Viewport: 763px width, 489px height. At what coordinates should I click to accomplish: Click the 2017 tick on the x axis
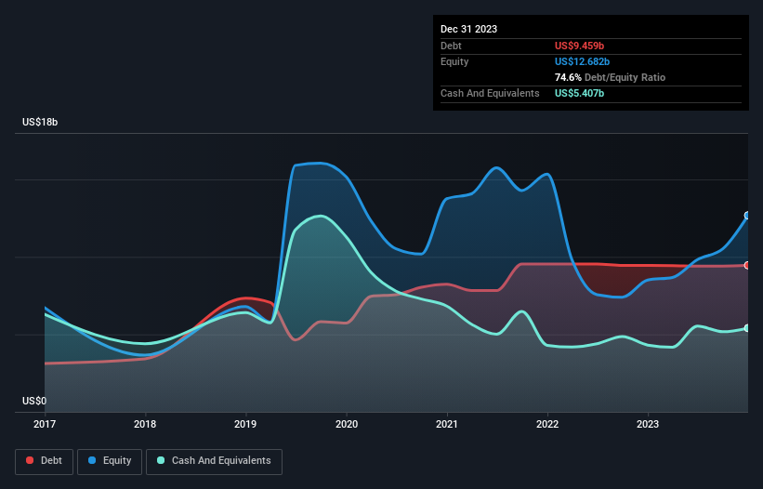pyautogui.click(x=45, y=424)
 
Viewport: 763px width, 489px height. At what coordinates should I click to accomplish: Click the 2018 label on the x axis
pyautogui.click(x=145, y=424)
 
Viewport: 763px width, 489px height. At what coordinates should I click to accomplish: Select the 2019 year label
pyautogui.click(x=245, y=424)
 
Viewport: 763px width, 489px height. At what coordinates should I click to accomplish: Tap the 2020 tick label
pyautogui.click(x=346, y=424)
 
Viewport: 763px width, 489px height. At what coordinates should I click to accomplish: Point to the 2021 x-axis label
pyautogui.click(x=447, y=424)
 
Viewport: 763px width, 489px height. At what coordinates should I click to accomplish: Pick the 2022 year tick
pyautogui.click(x=547, y=424)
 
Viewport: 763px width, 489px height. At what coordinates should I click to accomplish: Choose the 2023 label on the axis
pyautogui.click(x=648, y=424)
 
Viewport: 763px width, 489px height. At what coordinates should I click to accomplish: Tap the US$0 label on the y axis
pyautogui.click(x=33, y=401)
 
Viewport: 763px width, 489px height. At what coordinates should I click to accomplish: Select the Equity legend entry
pyautogui.click(x=110, y=461)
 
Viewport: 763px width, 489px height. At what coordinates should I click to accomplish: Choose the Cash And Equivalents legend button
pyautogui.click(x=214, y=461)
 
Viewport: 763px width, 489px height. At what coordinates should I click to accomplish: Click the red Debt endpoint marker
pyautogui.click(x=747, y=265)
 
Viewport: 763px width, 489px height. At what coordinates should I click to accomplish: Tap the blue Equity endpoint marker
pyautogui.click(x=747, y=216)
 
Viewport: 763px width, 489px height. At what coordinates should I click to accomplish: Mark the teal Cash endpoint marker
pyautogui.click(x=747, y=328)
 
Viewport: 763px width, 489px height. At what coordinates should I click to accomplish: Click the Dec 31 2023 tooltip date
pyautogui.click(x=469, y=29)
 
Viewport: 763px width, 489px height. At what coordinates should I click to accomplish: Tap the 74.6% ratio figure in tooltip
pyautogui.click(x=569, y=77)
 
